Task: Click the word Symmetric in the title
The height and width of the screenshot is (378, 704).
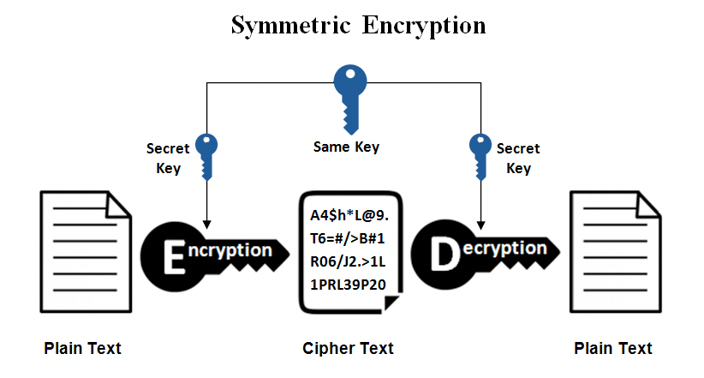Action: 290,26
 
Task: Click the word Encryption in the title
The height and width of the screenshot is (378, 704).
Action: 424,26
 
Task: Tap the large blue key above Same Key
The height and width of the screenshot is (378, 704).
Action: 350,99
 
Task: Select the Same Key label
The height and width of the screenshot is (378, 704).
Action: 346,147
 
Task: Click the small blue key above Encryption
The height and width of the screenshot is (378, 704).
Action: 206,157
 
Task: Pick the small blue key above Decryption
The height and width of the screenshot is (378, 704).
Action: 480,157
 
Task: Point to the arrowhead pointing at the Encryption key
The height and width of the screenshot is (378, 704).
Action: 207,225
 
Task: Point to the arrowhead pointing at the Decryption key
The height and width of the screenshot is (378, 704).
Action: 480,225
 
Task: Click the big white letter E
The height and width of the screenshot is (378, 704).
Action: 174,256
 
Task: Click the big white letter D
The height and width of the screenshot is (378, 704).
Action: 445,254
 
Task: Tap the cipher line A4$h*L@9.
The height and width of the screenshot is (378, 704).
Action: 349,216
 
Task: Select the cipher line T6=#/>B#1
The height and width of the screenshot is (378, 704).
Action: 348,238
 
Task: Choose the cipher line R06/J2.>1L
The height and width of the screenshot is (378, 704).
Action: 348,261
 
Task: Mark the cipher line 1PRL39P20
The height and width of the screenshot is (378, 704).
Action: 348,285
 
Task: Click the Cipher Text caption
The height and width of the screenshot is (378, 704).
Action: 348,348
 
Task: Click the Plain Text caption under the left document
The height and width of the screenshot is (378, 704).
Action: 82,348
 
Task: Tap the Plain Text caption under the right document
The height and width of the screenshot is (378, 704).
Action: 613,348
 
